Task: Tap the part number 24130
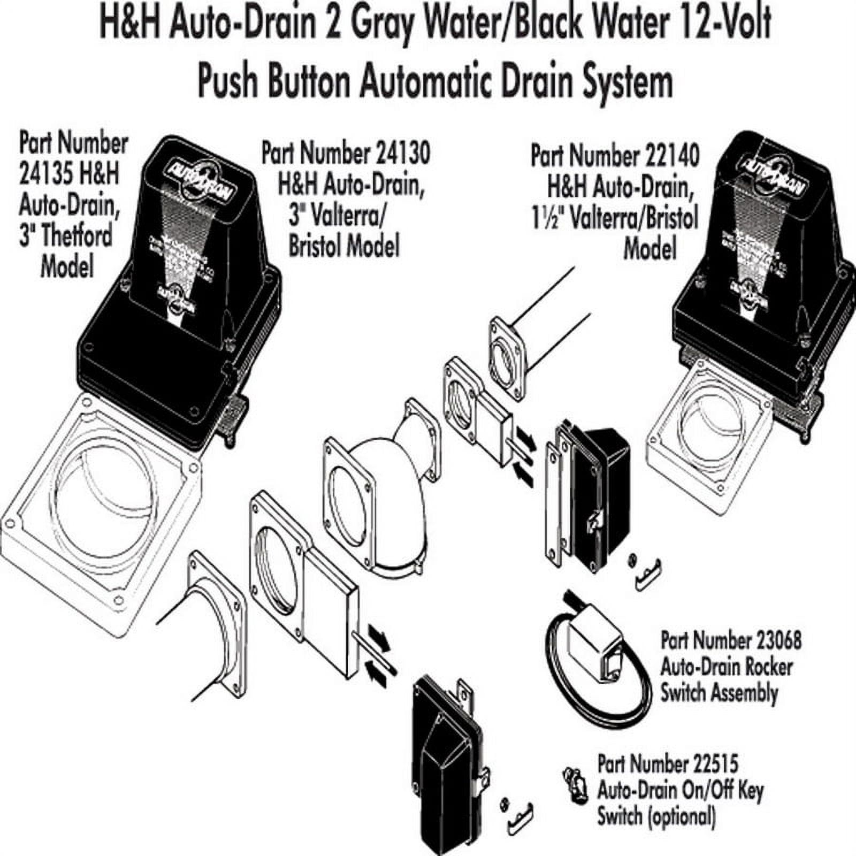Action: [402, 154]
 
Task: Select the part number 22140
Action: [672, 156]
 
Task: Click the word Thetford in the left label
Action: [66, 236]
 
